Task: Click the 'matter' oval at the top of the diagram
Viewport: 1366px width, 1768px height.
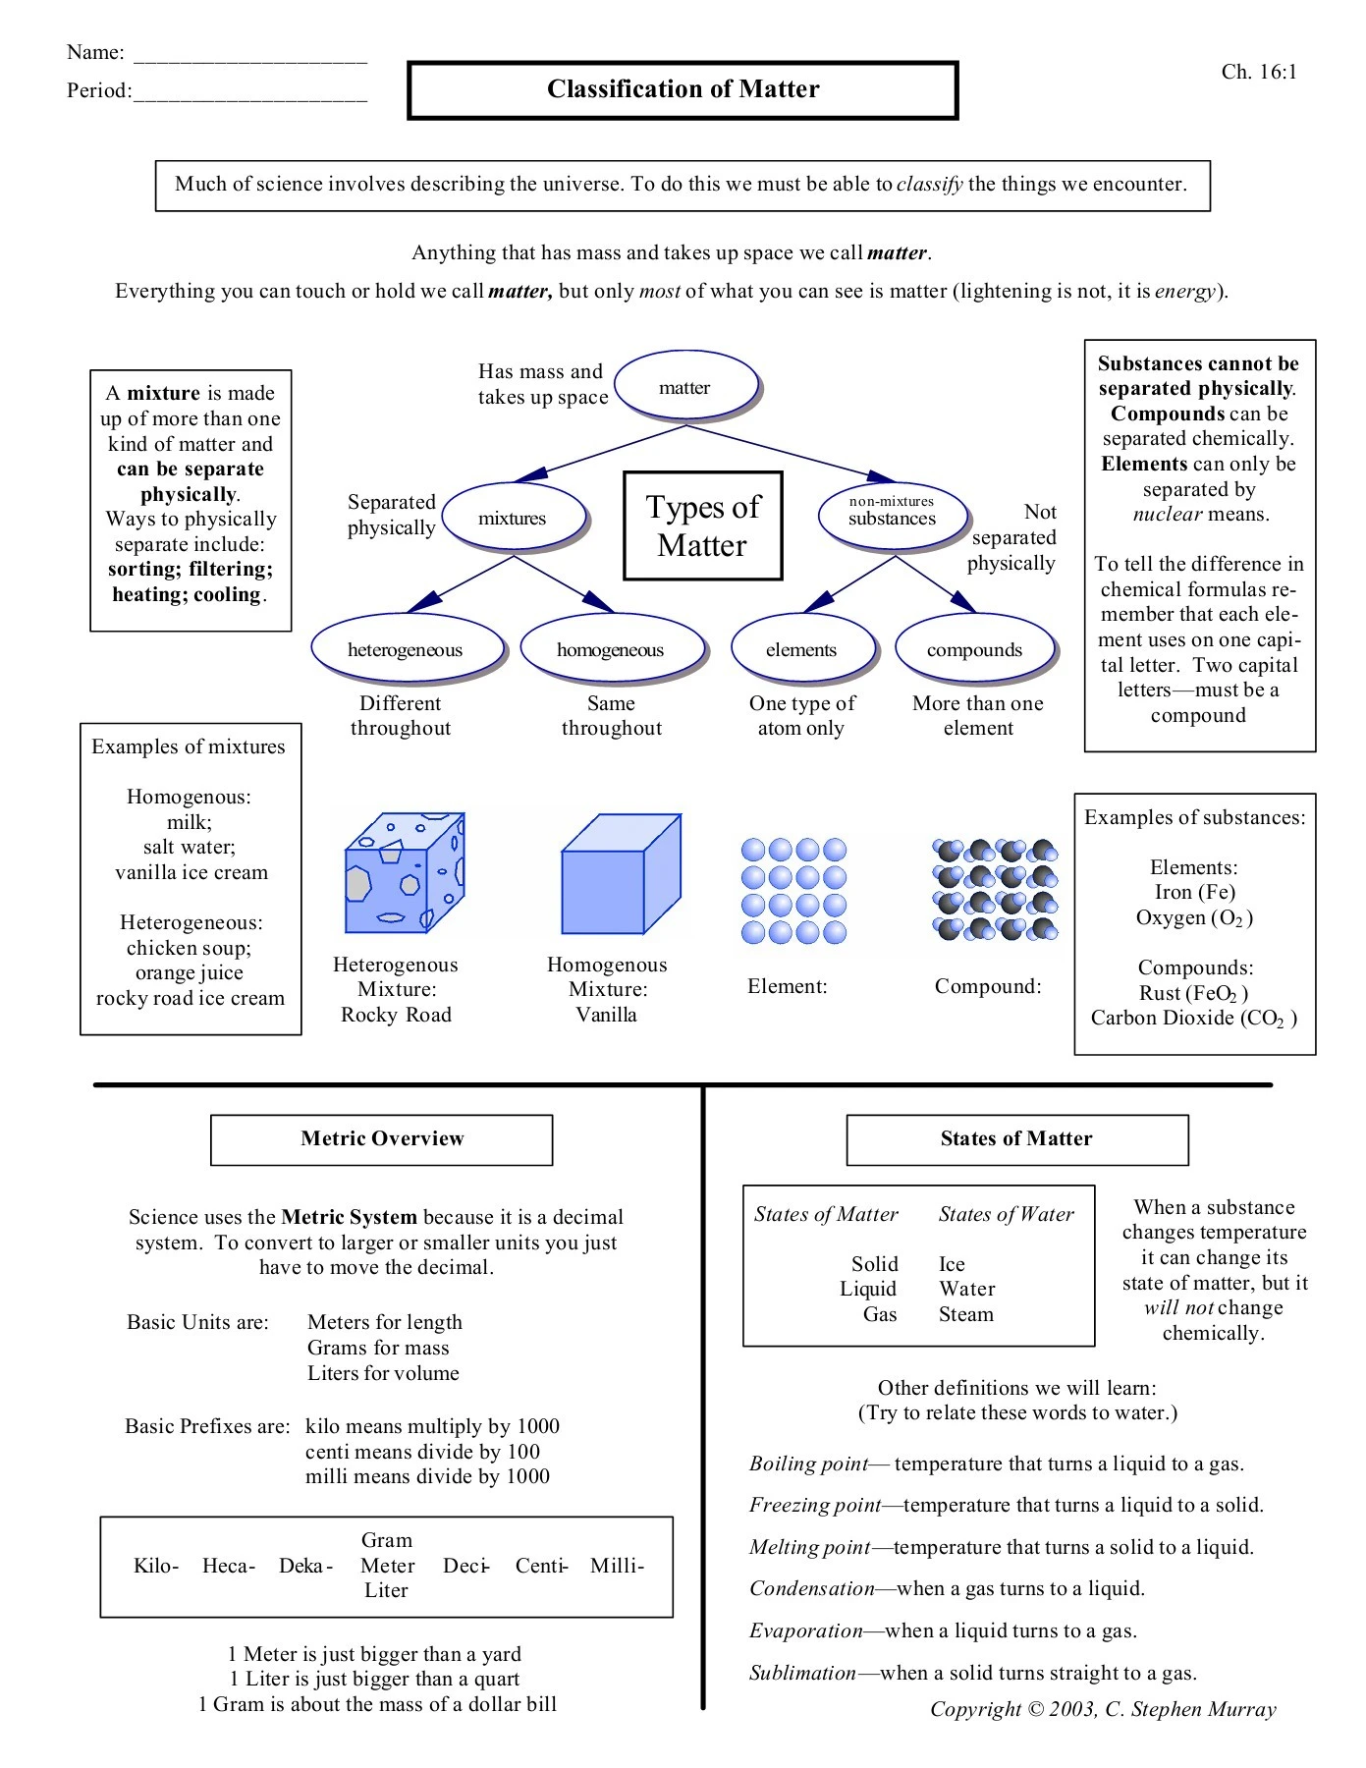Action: click(685, 388)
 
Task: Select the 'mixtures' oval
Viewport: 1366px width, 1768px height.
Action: click(512, 518)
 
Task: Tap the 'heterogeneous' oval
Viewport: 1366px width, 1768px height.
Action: click(405, 650)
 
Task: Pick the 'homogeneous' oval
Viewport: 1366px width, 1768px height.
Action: click(610, 650)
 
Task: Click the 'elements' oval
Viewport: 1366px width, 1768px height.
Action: click(801, 650)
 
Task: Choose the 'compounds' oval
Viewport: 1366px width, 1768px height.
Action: click(974, 650)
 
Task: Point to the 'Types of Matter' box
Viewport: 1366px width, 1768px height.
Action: click(703, 525)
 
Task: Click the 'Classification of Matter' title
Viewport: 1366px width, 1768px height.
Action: click(683, 89)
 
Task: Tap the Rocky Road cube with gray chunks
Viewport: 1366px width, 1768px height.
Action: click(404, 873)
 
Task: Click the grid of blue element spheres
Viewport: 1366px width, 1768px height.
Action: click(793, 891)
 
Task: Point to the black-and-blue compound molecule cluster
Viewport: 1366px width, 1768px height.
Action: click(995, 889)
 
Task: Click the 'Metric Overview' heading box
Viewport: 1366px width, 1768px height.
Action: click(382, 1139)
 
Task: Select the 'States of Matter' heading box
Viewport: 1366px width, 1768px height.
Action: click(1016, 1139)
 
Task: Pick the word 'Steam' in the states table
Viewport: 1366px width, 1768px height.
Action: click(966, 1315)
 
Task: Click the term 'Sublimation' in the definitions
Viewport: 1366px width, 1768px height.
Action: click(802, 1674)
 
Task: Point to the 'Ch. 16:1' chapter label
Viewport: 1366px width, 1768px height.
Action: click(1259, 72)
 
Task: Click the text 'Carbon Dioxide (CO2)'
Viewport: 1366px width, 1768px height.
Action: click(1193, 1019)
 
